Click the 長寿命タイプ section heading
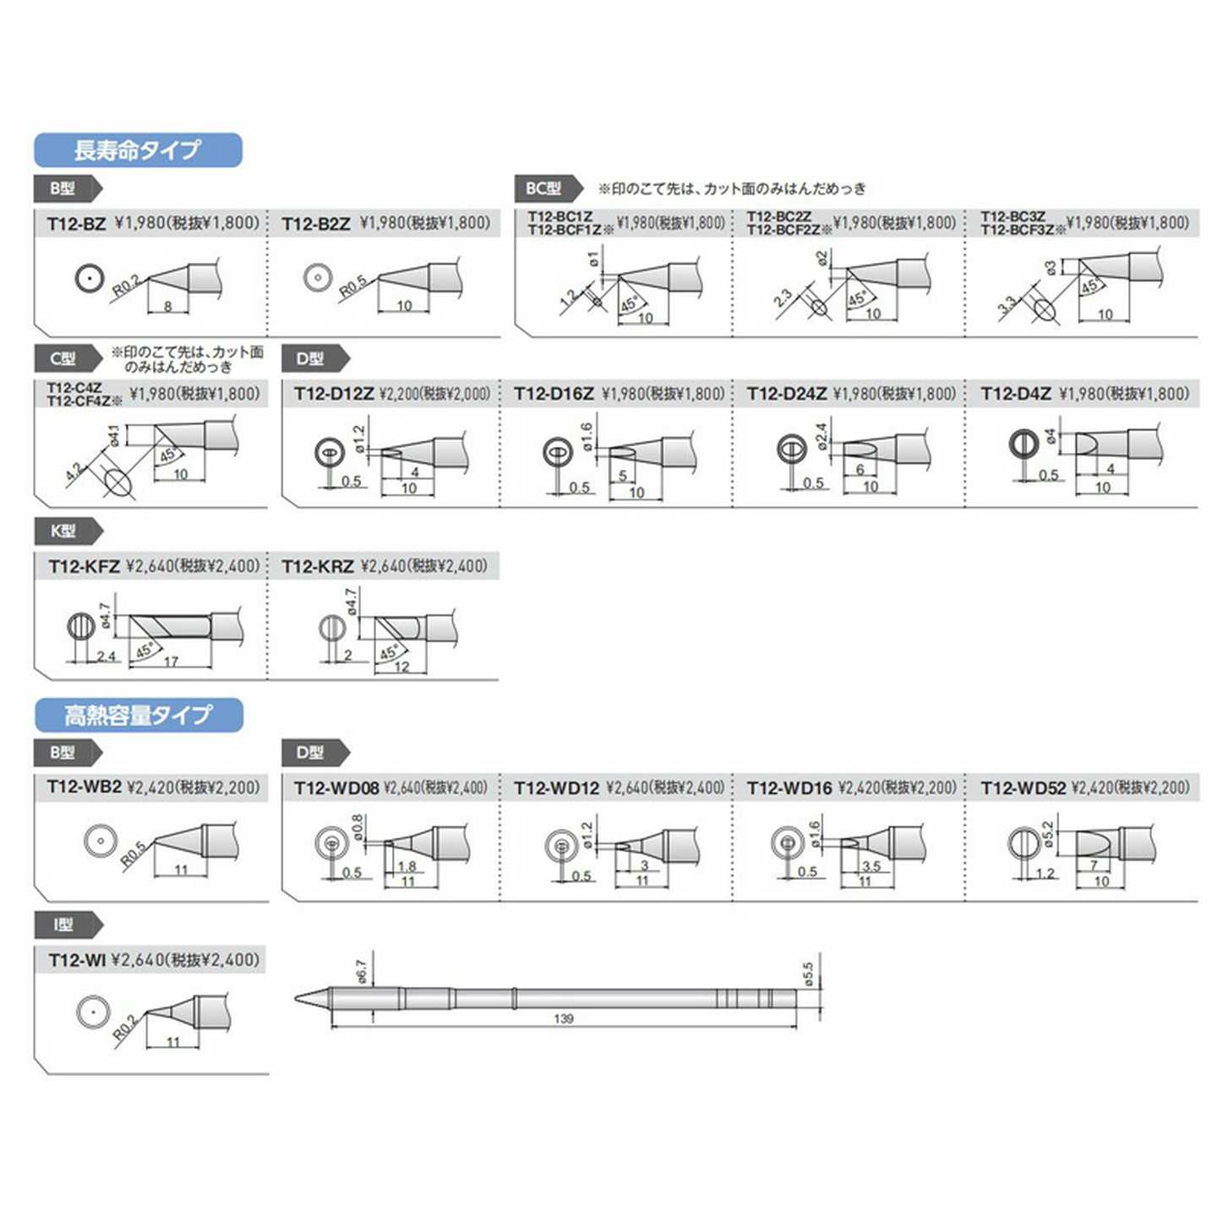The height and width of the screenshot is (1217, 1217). [x=138, y=150]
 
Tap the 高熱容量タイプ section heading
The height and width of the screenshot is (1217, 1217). [x=138, y=715]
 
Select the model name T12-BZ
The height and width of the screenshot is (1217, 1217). [x=76, y=224]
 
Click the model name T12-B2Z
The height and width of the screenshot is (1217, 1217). [x=315, y=224]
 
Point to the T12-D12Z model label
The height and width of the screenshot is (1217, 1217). [x=334, y=394]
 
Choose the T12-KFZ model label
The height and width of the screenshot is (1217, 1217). [x=84, y=566]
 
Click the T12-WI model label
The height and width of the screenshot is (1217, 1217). [x=77, y=960]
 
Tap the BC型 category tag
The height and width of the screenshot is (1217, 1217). [x=544, y=188]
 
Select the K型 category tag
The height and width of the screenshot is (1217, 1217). [x=64, y=531]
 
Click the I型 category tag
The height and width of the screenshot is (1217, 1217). [x=64, y=925]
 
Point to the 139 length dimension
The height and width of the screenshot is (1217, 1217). [x=564, y=1019]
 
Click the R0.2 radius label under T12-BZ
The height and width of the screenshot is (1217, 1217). [x=126, y=287]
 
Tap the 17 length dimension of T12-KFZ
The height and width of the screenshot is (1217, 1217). [x=172, y=662]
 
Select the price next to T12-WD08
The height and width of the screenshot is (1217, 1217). [x=436, y=788]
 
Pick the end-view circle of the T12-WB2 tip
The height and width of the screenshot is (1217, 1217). [x=100, y=840]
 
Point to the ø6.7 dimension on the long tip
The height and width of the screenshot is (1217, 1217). [x=362, y=971]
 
